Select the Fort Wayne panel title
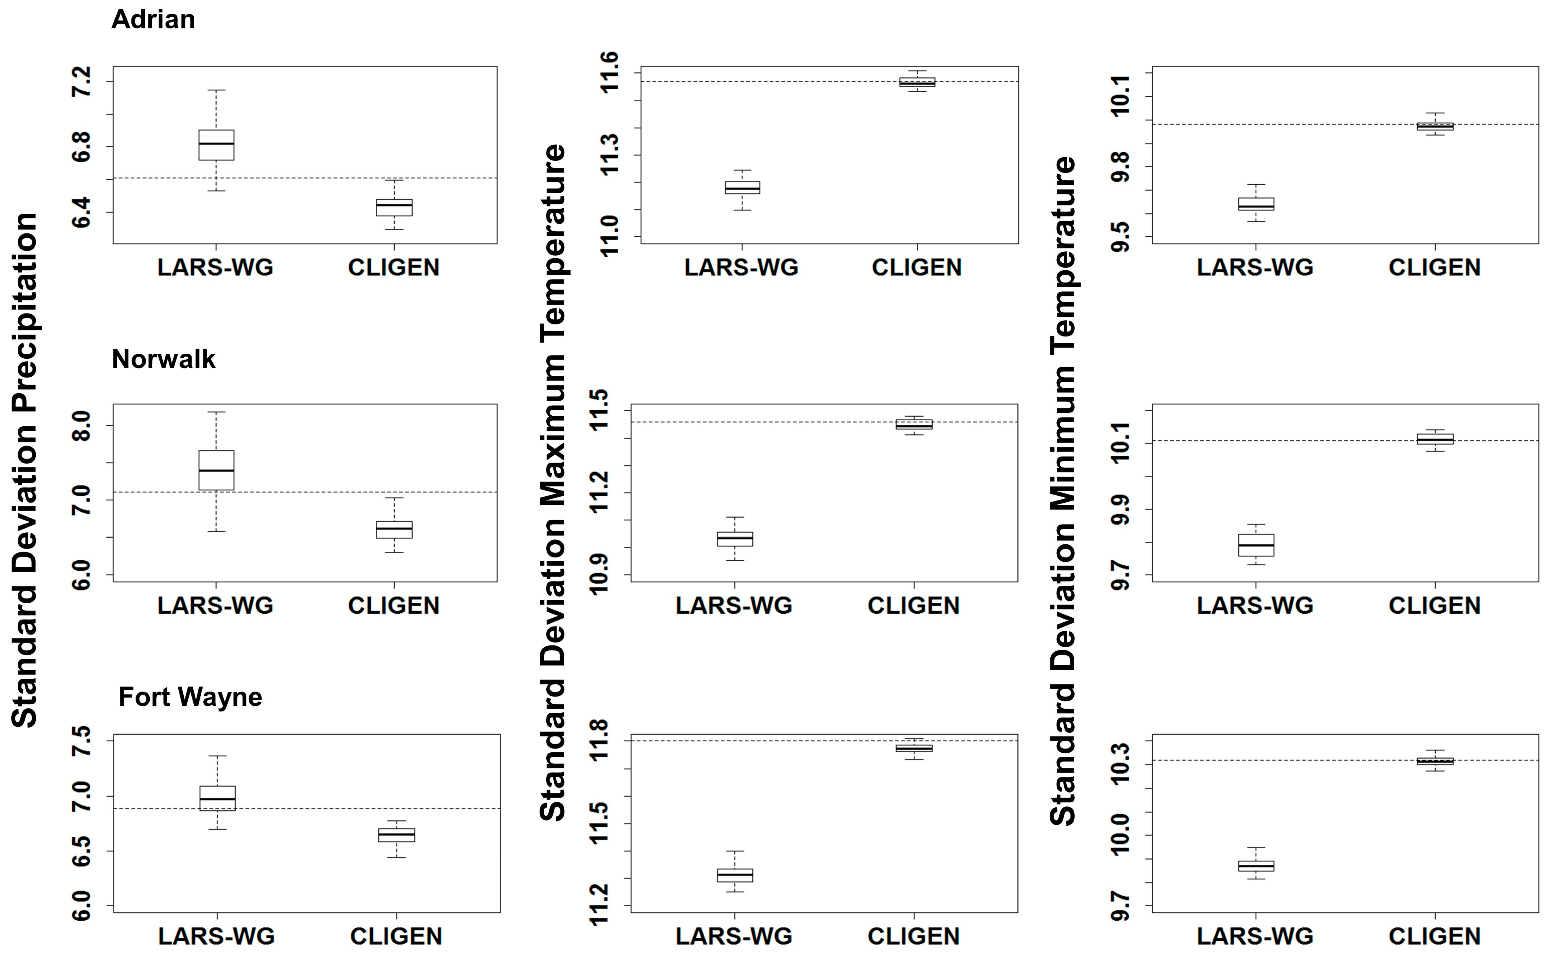pos(190,697)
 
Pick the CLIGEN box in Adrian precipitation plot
pos(394,207)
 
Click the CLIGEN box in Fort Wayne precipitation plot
pos(397,835)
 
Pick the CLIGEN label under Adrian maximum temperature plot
pos(917,268)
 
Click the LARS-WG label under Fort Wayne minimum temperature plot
pos(1255,936)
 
